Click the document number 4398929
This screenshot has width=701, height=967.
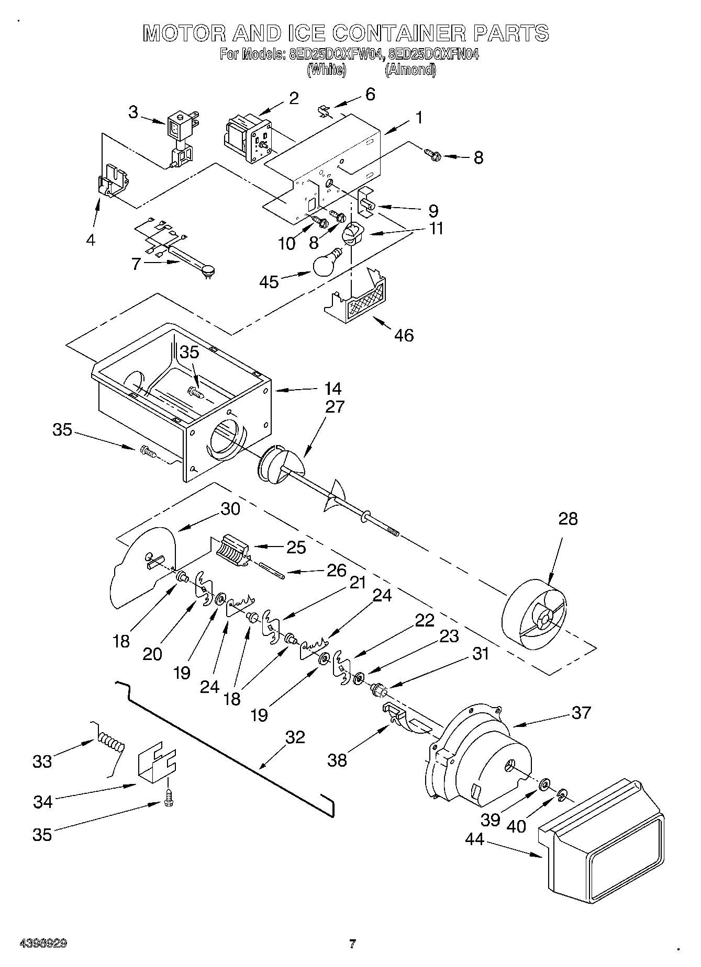[43, 943]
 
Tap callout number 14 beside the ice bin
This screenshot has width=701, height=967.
[332, 389]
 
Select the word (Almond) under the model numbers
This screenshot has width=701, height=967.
[410, 70]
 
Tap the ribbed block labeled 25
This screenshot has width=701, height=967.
[231, 550]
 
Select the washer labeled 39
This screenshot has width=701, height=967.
[544, 783]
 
